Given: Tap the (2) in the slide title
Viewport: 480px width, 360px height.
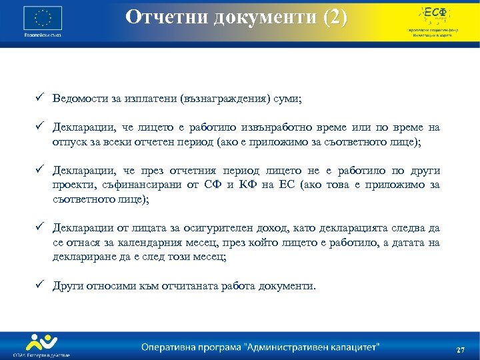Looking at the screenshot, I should coord(334,17).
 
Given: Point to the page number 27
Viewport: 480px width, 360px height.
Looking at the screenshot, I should coord(460,350).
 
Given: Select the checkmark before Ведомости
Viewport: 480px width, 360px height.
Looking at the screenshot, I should coord(41,99).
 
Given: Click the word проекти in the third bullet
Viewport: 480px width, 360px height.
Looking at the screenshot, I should coord(74,185).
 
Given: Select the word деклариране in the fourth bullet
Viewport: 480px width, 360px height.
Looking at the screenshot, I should coord(84,257).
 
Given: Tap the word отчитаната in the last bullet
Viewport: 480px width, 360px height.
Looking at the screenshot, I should coord(200,286).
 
